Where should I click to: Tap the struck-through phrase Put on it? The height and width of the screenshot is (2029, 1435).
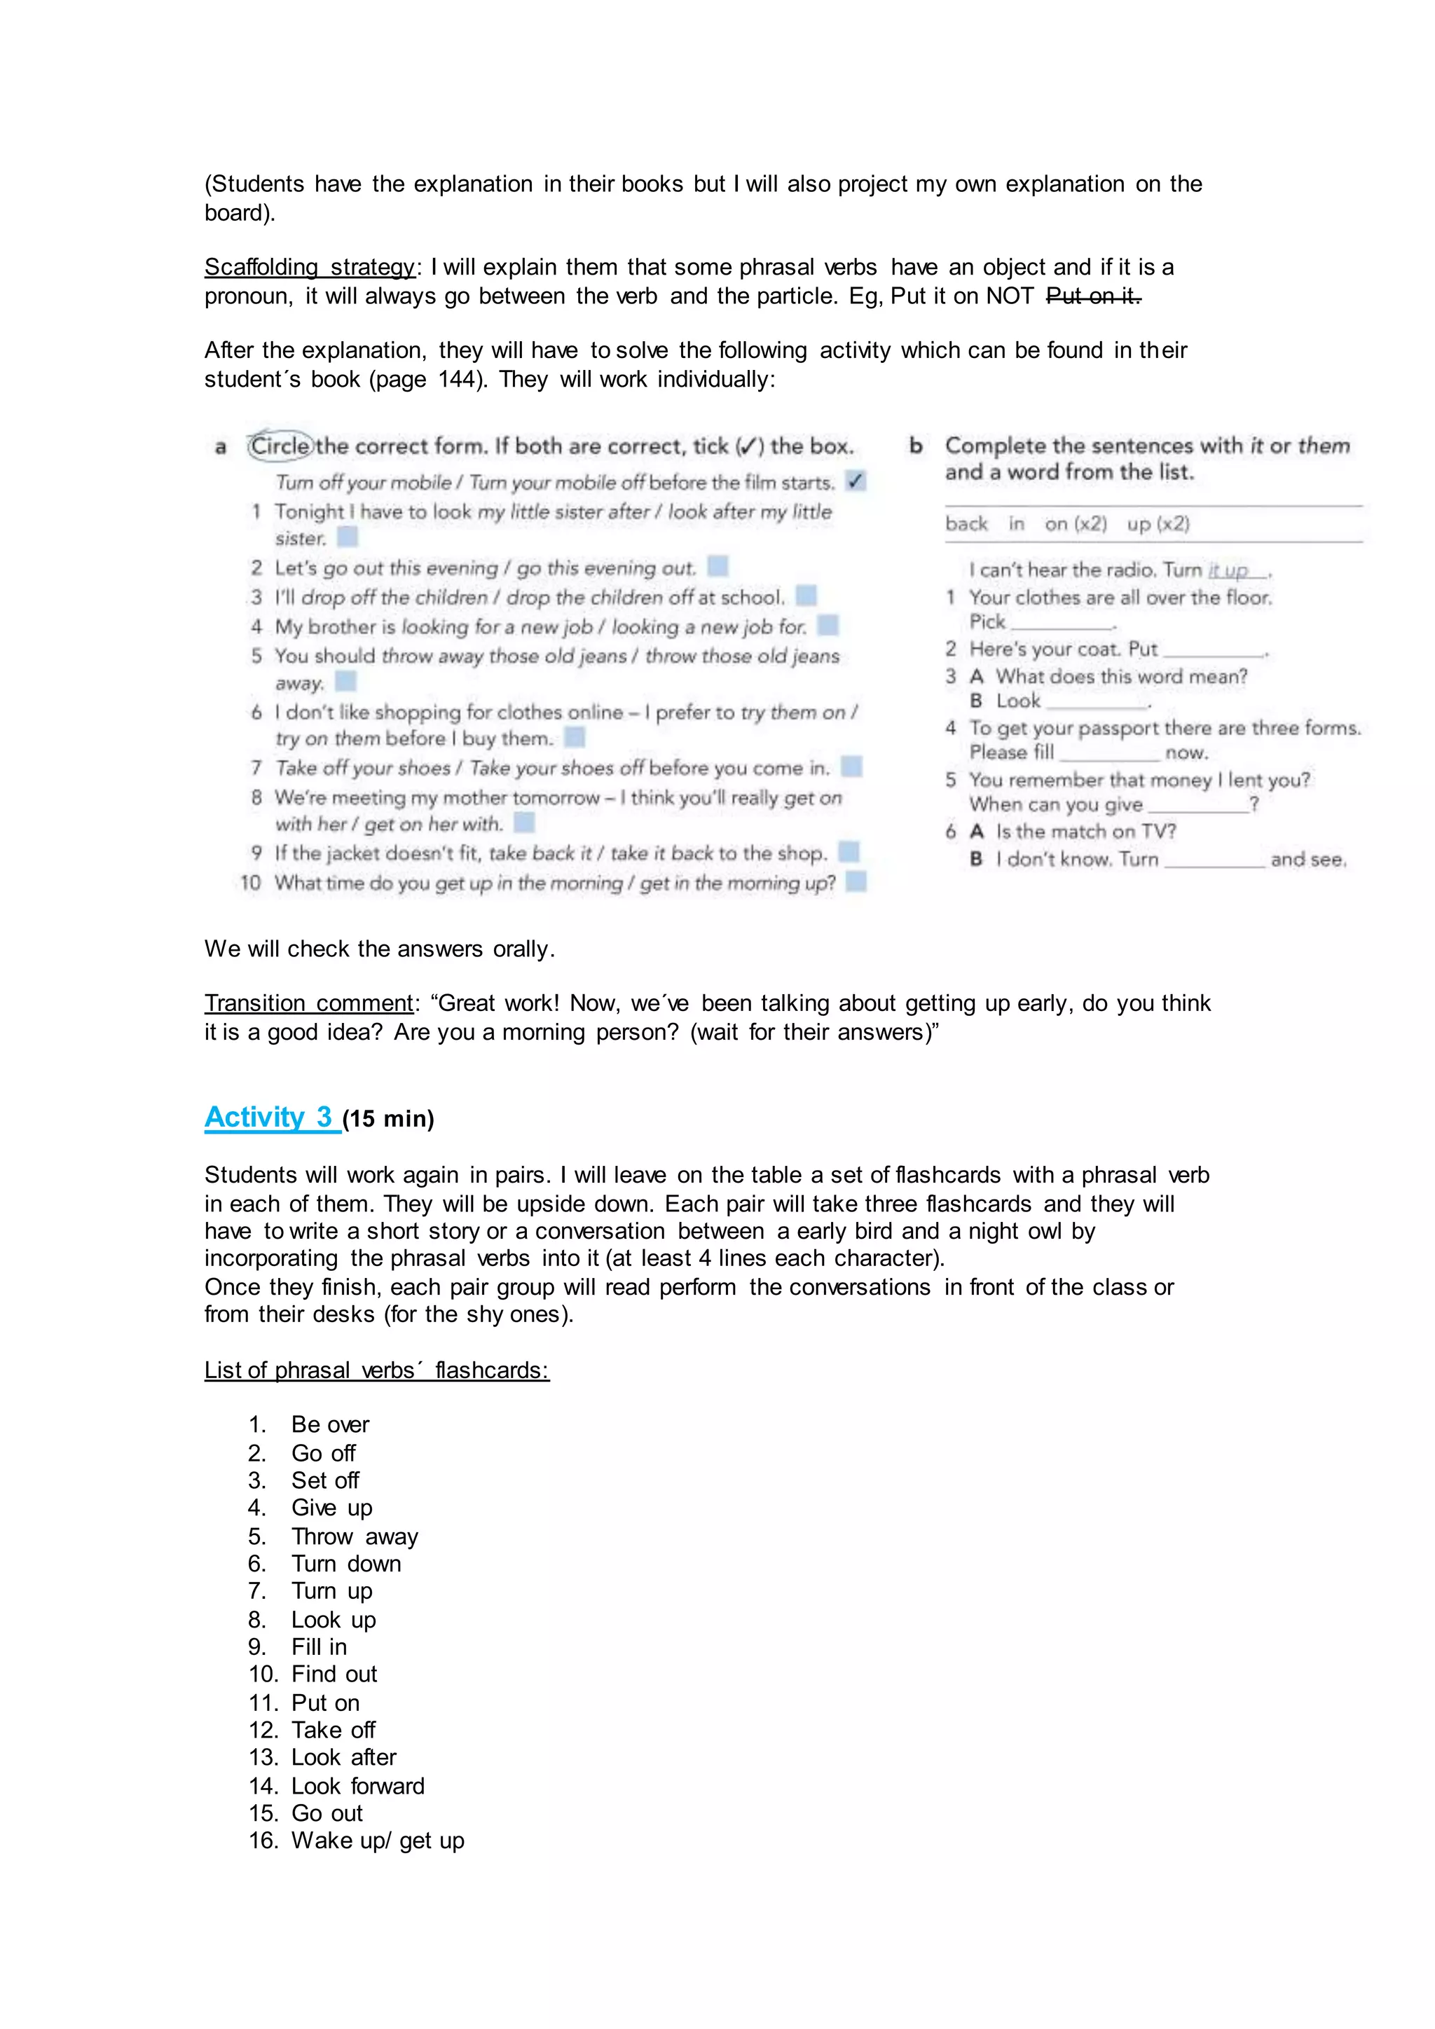tap(1093, 296)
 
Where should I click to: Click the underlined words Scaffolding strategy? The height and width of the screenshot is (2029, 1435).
tap(309, 267)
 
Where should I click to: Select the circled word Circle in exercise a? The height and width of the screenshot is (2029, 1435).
tap(280, 446)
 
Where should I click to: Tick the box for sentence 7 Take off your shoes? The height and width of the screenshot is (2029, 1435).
tap(851, 766)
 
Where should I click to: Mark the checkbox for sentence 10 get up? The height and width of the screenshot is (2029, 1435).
tap(856, 882)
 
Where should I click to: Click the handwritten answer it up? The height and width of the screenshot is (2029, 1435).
tap(1229, 571)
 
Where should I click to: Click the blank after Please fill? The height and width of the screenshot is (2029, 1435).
tap(1109, 753)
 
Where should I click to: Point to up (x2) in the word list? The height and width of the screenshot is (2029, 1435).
tap(1158, 524)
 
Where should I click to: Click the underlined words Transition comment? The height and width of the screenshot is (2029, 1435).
tap(308, 1003)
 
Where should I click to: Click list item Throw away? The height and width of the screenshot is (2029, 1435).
tap(355, 1536)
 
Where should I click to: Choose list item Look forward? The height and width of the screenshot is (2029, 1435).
tap(358, 1786)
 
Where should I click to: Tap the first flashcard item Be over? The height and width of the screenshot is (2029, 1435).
tap(331, 1424)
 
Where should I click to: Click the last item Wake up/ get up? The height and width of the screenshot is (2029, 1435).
tap(377, 1841)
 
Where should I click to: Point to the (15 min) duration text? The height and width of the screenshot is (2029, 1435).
tap(388, 1120)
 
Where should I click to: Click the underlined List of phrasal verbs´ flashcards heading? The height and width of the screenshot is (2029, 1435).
tap(376, 1370)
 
